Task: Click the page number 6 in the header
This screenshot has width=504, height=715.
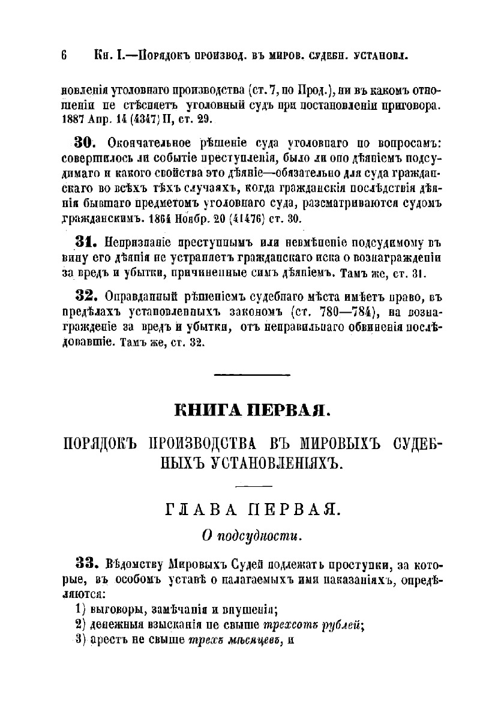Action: (x=64, y=56)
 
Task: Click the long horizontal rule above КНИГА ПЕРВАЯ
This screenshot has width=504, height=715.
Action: (x=252, y=375)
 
